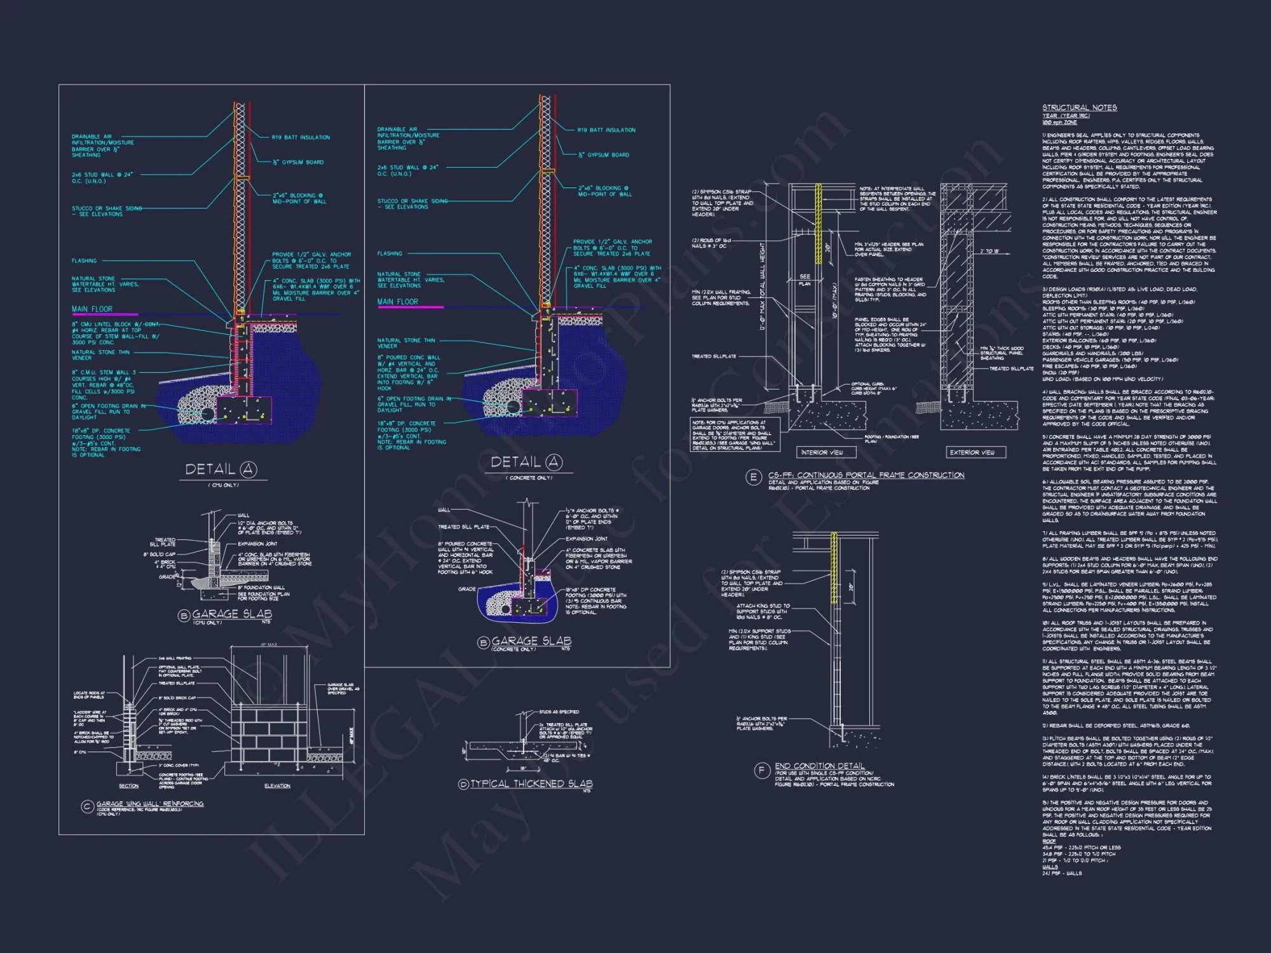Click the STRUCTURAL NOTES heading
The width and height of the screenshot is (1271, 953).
pos(1079,108)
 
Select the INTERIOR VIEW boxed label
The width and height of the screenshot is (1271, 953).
pos(822,452)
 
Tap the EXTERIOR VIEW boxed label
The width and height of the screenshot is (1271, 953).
pos(972,452)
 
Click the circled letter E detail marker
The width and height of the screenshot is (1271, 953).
pos(753,477)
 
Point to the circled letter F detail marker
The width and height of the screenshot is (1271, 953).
pos(761,771)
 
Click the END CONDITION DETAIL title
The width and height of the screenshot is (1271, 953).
pos(819,766)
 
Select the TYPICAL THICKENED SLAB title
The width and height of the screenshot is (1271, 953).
pos(531,784)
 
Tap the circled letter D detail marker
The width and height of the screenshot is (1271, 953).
pos(463,785)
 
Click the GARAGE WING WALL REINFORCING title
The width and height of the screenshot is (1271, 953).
pos(150,804)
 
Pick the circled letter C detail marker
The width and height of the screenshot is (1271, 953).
pos(88,806)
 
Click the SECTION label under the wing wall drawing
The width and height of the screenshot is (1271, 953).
pos(128,786)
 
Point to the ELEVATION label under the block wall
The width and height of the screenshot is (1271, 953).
pos(277,786)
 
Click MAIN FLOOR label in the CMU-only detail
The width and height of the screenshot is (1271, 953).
pos(92,309)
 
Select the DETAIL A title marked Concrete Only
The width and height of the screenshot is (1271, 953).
pos(526,463)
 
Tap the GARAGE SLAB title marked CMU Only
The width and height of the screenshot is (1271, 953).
pos(231,614)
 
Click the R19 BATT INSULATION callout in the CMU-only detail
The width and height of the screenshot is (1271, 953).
pos(301,137)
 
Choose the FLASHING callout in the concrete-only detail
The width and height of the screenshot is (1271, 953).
pos(390,253)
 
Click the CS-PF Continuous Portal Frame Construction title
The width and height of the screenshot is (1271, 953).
pos(866,475)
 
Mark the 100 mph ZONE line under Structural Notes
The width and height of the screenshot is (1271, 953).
pos(1059,123)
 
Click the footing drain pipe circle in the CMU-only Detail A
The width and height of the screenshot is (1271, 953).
pos(207,414)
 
